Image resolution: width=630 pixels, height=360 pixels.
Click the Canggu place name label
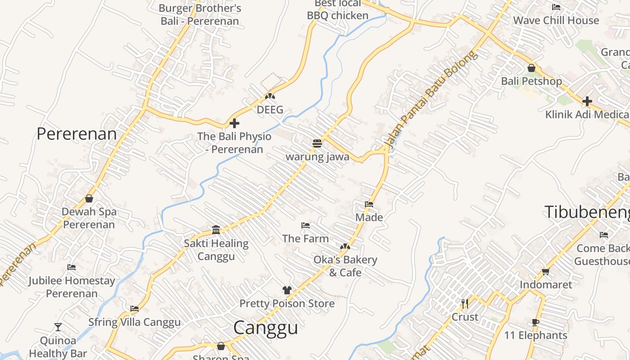(265, 328)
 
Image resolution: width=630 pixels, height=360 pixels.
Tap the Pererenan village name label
(76, 134)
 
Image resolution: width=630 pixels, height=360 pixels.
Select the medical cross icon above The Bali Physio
(234, 123)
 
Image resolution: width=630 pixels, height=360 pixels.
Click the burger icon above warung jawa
(317, 144)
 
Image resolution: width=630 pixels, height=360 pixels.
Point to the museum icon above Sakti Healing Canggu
(216, 230)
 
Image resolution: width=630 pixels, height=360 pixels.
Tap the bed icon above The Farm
(306, 225)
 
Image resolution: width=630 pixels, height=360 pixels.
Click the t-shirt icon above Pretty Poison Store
(287, 290)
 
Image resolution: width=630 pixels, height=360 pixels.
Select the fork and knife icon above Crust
(465, 304)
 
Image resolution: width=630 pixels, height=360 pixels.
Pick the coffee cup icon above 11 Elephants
(535, 322)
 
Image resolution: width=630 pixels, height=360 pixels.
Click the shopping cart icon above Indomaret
(546, 271)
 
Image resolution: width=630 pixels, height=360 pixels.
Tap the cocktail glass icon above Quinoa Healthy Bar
(58, 327)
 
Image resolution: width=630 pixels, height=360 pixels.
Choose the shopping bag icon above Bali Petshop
(531, 68)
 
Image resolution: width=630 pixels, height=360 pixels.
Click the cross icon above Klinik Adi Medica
(587, 101)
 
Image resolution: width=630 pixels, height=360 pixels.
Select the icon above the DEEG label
(270, 96)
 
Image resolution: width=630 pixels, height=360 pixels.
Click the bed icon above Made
(369, 204)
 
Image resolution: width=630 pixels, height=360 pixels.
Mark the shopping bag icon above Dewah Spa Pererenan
(89, 198)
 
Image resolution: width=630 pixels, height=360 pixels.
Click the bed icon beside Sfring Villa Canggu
(135, 309)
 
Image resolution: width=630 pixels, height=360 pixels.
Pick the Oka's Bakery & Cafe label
(345, 266)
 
